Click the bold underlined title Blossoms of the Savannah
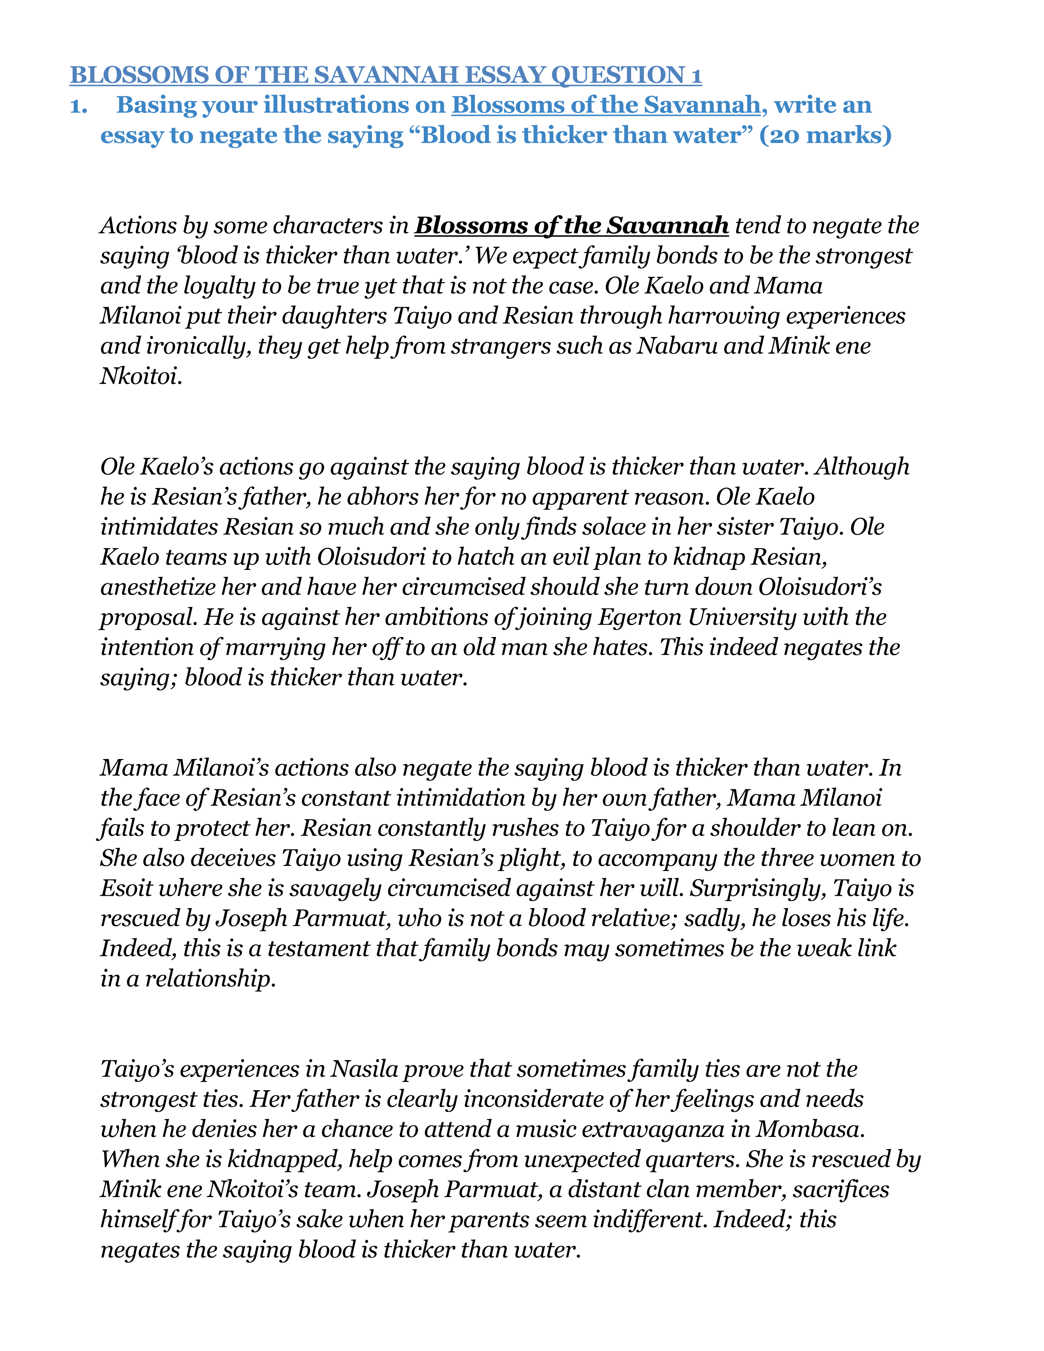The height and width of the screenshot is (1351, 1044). (572, 226)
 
